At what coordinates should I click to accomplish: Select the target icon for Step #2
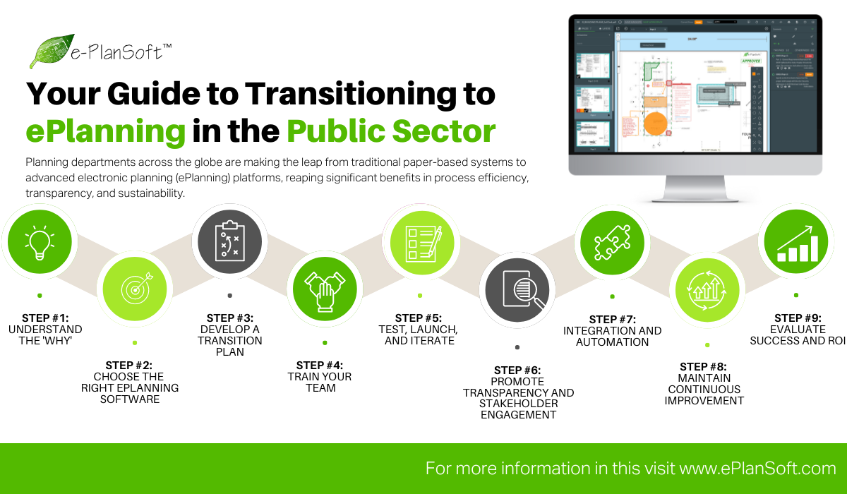[134, 289]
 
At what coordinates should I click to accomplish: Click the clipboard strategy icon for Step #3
[229, 242]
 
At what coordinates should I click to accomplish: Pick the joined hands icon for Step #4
[324, 289]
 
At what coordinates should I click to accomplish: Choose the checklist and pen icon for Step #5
[420, 242]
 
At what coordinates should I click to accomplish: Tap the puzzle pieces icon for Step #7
[612, 242]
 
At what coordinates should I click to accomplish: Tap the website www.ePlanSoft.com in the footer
[758, 468]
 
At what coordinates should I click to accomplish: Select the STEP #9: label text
[798, 318]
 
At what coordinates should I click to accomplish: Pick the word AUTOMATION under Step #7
[612, 342]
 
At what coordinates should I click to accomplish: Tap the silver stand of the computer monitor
[695, 188]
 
